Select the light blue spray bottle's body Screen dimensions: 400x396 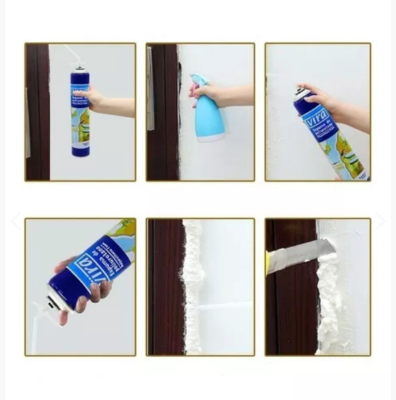tap(210, 116)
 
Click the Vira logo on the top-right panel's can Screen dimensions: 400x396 tap(316, 117)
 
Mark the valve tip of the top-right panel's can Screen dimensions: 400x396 tap(298, 90)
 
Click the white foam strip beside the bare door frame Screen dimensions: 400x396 tap(193, 287)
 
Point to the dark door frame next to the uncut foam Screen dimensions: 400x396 tap(164, 287)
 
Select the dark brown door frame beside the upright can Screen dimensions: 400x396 tap(37, 113)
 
